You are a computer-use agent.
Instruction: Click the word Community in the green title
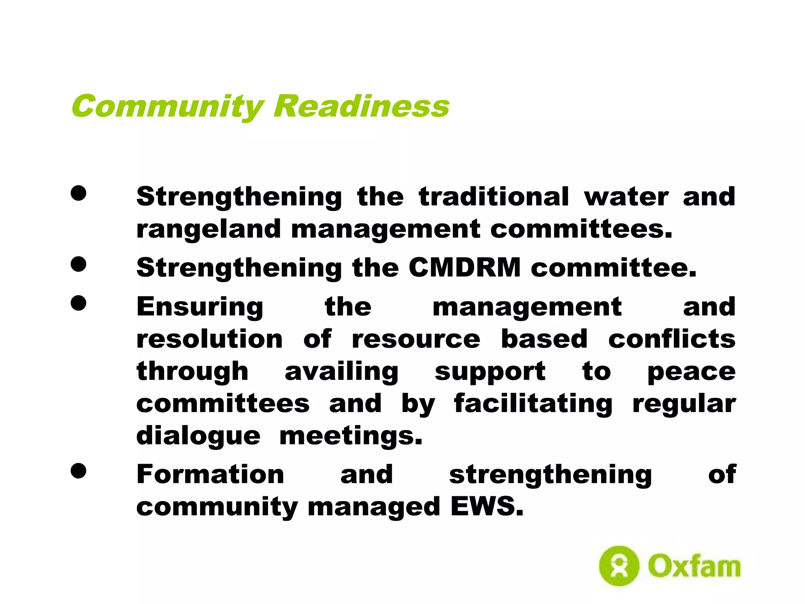(x=167, y=106)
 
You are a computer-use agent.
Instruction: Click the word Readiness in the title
(x=361, y=106)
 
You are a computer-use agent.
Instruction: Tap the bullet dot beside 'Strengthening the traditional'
(x=79, y=193)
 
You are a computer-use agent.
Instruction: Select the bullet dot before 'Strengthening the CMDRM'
(x=79, y=264)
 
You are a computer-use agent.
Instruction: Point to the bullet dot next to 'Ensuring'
(x=79, y=303)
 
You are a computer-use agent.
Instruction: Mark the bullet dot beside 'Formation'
(x=79, y=471)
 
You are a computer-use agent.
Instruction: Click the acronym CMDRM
(x=465, y=268)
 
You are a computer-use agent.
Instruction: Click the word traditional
(x=494, y=197)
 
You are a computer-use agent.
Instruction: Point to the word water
(x=626, y=197)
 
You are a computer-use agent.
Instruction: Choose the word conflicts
(x=672, y=339)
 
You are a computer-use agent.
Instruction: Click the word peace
(x=691, y=372)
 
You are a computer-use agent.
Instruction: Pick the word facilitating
(x=533, y=404)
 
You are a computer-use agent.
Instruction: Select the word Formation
(x=210, y=474)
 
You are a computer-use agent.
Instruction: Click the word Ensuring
(x=200, y=308)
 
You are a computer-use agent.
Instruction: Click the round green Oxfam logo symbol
(x=619, y=566)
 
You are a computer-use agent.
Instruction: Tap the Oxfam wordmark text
(x=694, y=567)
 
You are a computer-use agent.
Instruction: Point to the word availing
(x=342, y=372)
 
